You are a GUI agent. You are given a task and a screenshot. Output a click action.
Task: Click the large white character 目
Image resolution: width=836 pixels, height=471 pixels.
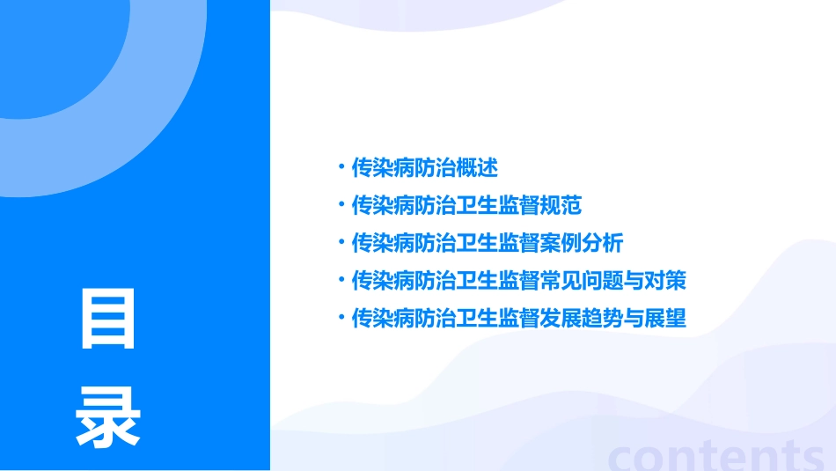point(108,318)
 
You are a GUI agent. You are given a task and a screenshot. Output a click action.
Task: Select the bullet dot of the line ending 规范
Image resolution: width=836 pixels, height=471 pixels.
point(341,204)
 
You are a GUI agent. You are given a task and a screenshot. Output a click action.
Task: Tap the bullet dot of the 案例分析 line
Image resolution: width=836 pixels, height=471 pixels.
point(341,242)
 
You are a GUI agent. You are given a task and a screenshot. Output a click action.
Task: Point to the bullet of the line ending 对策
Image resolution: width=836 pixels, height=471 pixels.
point(341,280)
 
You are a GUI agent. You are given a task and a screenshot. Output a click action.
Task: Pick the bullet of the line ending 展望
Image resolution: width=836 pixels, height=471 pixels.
point(341,317)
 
